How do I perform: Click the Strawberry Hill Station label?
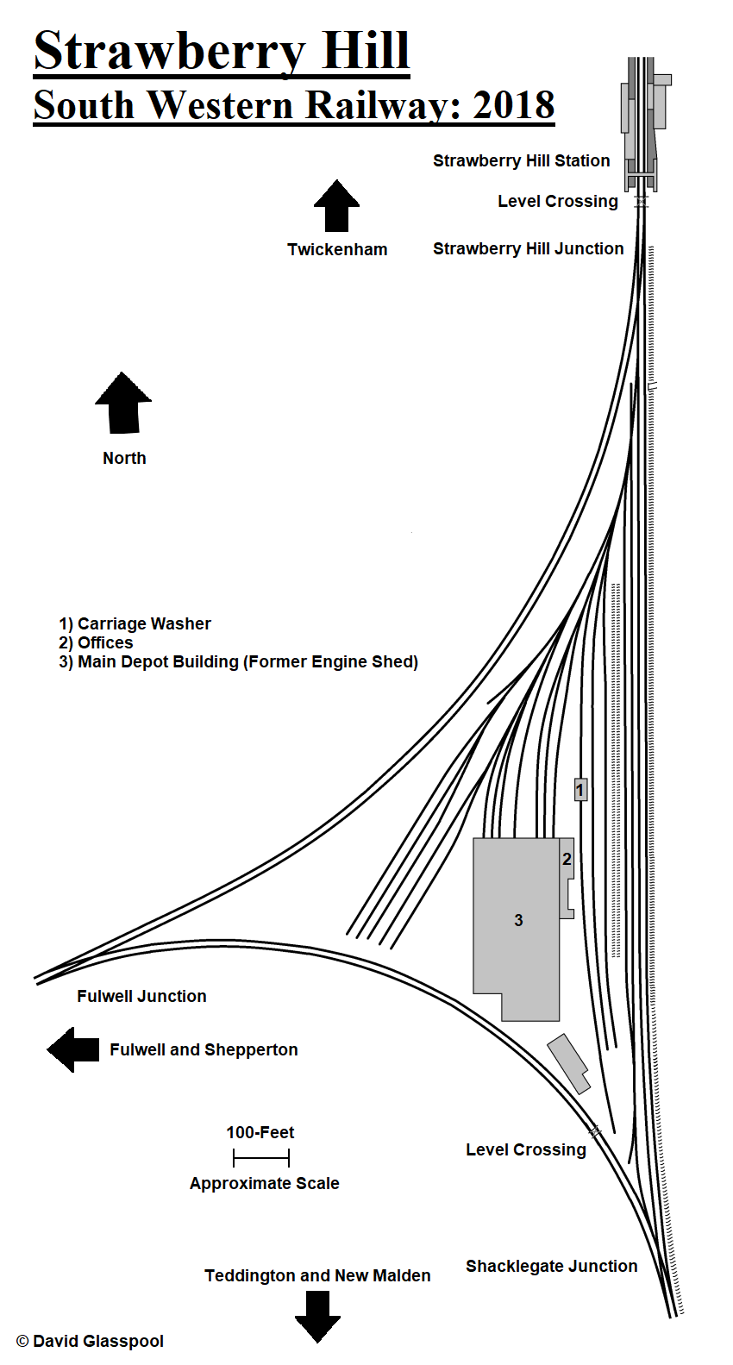[521, 160]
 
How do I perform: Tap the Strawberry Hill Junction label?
[528, 248]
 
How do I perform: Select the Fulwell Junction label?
[141, 996]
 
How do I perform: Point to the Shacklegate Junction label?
[551, 1266]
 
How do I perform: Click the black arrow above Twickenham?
[336, 207]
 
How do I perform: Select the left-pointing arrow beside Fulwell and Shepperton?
[74, 1049]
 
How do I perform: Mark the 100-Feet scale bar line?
[261, 1158]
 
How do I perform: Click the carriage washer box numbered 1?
[580, 789]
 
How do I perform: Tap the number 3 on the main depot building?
[518, 920]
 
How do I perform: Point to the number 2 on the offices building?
[567, 859]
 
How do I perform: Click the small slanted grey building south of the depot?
[568, 1063]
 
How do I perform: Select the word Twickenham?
[337, 249]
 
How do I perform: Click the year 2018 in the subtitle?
[514, 105]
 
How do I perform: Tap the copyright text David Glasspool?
[90, 1341]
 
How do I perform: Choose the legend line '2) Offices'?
[96, 642]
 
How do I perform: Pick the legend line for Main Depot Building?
[238, 661]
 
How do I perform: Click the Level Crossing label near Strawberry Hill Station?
[557, 201]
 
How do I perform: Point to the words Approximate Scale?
[264, 1183]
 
